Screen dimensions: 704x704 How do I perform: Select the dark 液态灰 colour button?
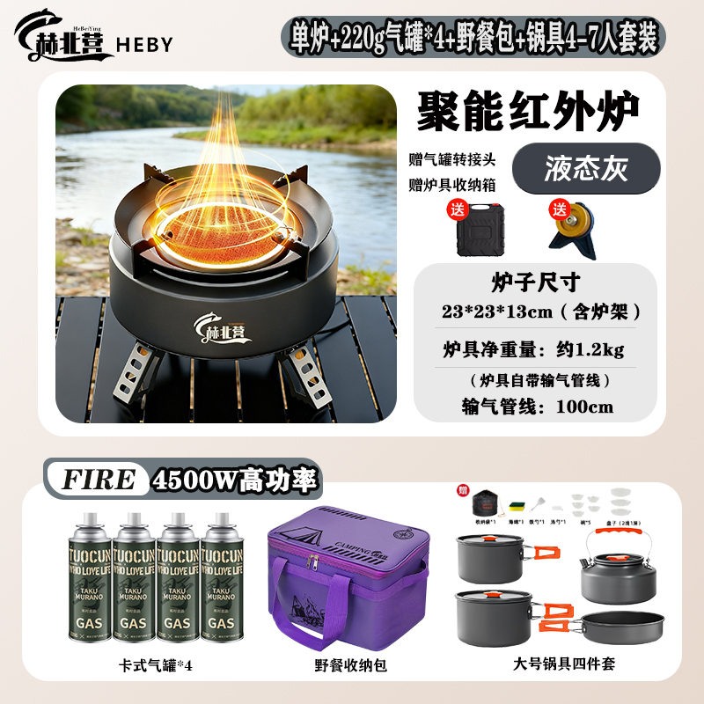(585, 166)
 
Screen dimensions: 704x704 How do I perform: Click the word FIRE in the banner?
(99, 480)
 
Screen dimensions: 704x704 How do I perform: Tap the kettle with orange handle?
(614, 568)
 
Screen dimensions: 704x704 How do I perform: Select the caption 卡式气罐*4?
(155, 666)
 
